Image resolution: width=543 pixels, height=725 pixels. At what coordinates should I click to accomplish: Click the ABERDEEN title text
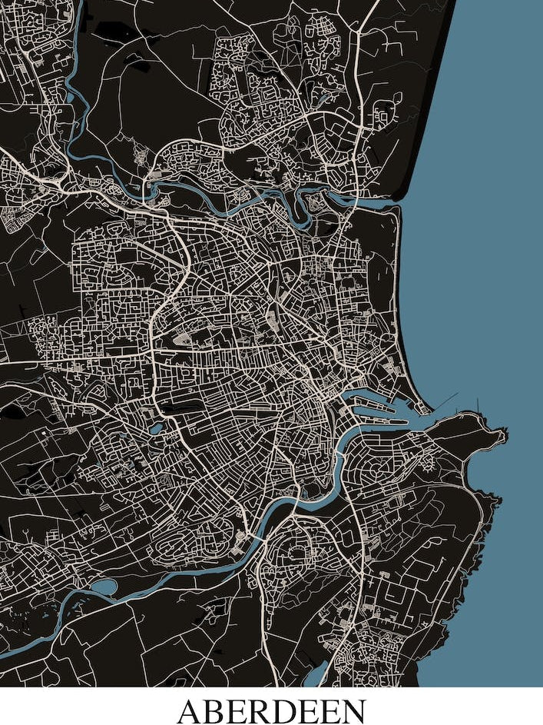point(271,709)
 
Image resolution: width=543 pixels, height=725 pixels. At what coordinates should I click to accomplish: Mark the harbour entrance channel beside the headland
point(430,411)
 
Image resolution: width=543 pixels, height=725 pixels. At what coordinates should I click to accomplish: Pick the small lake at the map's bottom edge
point(314,677)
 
